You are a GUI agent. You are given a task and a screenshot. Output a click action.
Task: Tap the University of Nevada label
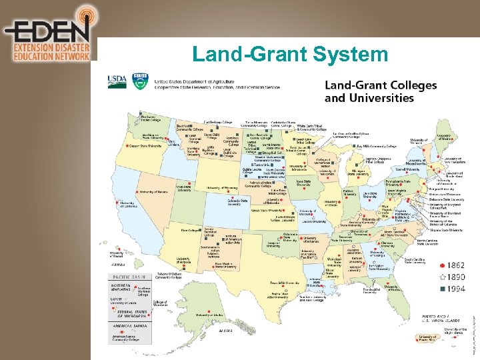[x=154, y=192]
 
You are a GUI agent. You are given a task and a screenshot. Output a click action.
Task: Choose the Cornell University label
[x=407, y=169]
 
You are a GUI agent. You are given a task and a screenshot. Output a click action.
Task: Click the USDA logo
[x=117, y=81]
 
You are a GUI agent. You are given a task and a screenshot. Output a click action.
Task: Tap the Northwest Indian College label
[x=151, y=118]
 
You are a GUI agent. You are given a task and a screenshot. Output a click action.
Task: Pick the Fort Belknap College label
[x=218, y=123]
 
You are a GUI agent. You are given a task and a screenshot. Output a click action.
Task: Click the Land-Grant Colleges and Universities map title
[x=380, y=91]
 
